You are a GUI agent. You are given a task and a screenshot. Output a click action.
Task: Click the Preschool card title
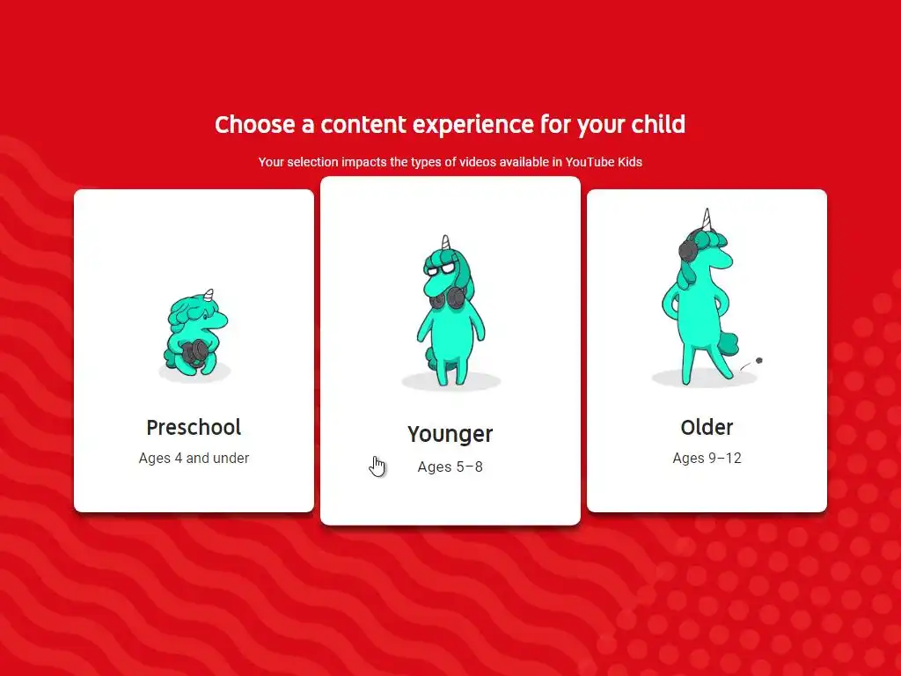[x=194, y=428]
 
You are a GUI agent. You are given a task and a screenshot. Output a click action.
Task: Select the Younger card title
[x=450, y=435]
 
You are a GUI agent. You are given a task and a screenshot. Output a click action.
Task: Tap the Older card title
[x=707, y=428]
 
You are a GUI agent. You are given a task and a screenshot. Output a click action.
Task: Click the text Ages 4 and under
[x=194, y=458]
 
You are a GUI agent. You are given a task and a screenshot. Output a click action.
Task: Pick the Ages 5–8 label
[x=450, y=467]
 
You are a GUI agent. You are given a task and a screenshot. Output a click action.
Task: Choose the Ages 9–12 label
[x=707, y=458]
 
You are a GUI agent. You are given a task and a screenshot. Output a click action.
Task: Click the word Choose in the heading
[x=254, y=125]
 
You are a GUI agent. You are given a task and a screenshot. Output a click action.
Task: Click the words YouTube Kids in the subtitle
[x=604, y=162]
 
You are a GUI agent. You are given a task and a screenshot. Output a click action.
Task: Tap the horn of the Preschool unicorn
[x=209, y=295]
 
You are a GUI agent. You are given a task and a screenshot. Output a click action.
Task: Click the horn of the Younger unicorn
[x=445, y=242]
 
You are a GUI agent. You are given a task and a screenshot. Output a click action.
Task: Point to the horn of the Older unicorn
[x=707, y=219]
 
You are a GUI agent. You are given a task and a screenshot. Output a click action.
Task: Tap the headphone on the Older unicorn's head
[x=687, y=251]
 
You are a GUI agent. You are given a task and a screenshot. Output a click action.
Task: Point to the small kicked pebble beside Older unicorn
[x=759, y=361]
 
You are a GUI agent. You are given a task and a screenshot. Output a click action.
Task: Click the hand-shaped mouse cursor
[x=377, y=467]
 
